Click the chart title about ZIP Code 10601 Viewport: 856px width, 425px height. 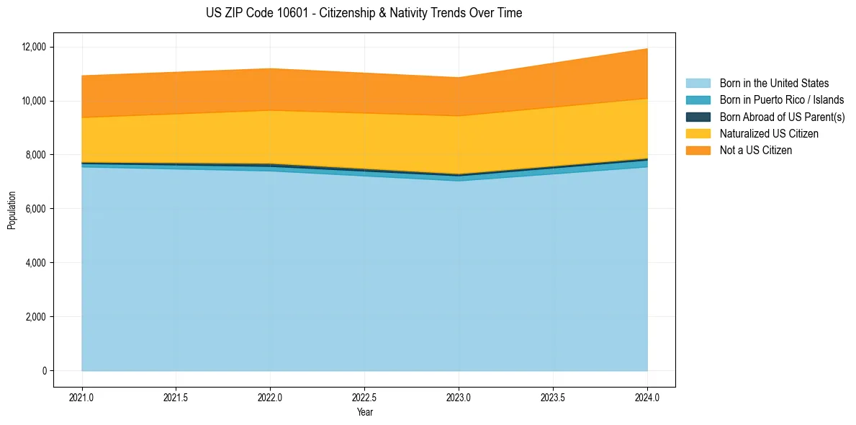pyautogui.click(x=364, y=13)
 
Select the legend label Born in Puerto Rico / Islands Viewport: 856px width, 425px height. pyautogui.click(x=781, y=100)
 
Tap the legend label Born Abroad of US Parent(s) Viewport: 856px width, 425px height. pyautogui.click(x=782, y=117)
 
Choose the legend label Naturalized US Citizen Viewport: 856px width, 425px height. pyautogui.click(x=769, y=134)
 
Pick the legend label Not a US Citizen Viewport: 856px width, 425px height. pyautogui.click(x=755, y=151)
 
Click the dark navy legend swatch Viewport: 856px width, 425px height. pyautogui.click(x=698, y=117)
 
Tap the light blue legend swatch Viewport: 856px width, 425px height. pyautogui.click(x=698, y=84)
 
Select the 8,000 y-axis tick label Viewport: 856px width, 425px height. pyautogui.click(x=35, y=155)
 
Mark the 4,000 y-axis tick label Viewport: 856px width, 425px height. pyautogui.click(x=35, y=263)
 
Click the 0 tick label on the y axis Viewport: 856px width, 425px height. pyautogui.click(x=44, y=371)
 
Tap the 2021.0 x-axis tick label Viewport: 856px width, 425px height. pyautogui.click(x=82, y=397)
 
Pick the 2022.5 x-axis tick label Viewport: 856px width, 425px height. pyautogui.click(x=364, y=397)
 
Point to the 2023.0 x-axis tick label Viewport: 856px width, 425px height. pyautogui.click(x=459, y=397)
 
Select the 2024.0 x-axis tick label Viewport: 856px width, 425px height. pyautogui.click(x=647, y=397)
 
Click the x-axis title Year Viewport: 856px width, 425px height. pyautogui.click(x=364, y=412)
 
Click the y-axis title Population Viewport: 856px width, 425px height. pyautogui.click(x=12, y=210)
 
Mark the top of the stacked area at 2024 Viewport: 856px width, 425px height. pyautogui.click(x=647, y=48)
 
